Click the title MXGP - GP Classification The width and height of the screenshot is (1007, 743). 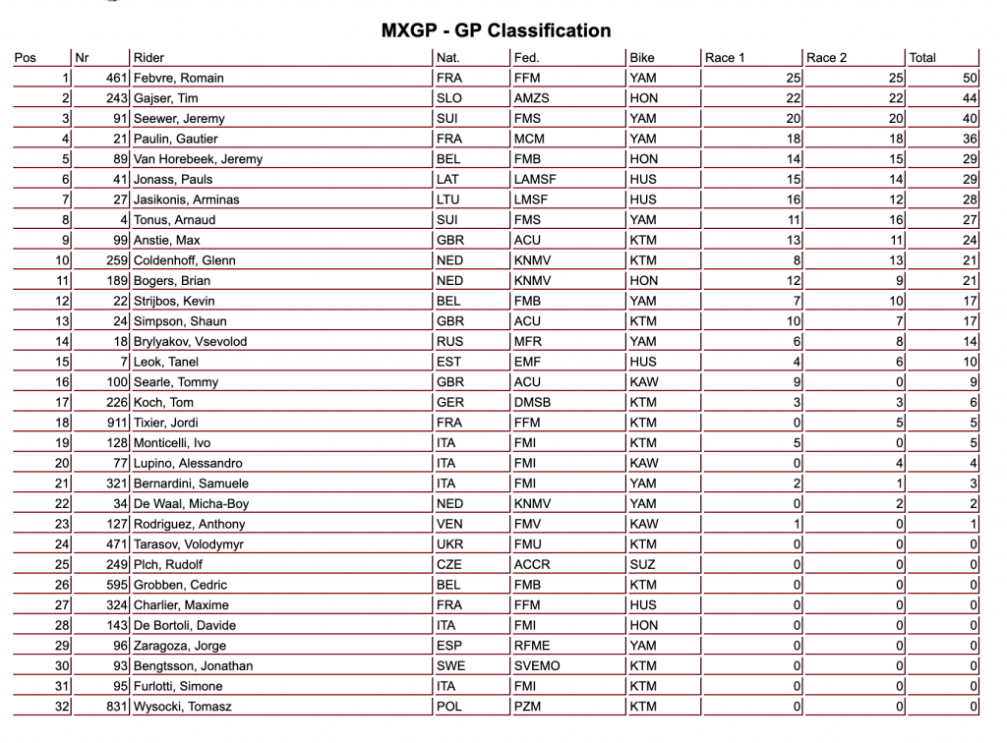496,30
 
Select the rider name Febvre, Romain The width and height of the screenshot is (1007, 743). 179,78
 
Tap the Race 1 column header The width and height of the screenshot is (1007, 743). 725,57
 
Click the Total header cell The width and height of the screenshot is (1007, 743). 922,57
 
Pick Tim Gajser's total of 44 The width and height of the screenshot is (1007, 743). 970,98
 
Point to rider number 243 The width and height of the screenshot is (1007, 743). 117,98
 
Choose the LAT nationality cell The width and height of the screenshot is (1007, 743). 447,179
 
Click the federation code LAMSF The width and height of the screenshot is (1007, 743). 534,179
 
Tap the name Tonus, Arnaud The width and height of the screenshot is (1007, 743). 174,219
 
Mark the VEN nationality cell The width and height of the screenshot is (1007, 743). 448,524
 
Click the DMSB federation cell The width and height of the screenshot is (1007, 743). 532,402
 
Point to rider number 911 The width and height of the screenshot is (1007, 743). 117,423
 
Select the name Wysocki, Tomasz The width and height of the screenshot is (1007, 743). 184,707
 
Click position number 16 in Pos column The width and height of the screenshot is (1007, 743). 62,381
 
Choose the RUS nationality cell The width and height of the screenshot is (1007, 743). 448,341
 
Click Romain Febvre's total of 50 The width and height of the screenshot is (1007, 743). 970,78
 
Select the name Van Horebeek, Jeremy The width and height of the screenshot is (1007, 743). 198,159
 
